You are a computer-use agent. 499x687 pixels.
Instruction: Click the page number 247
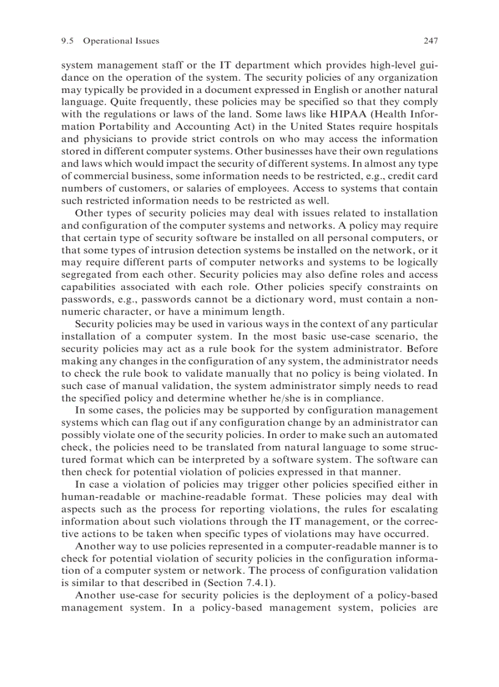point(431,41)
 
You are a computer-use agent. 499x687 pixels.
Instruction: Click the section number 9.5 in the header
point(68,41)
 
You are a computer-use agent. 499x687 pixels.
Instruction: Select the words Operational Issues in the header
point(121,41)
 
